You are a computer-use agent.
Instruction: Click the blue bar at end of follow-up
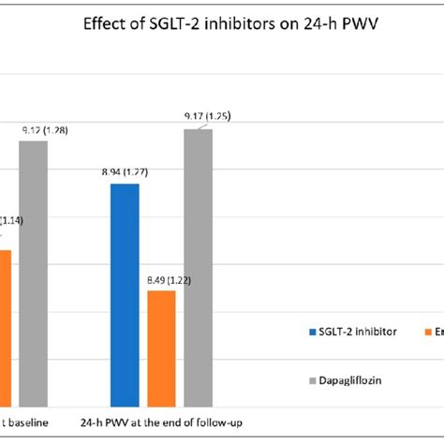[125, 295]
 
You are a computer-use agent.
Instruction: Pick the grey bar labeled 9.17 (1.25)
[198, 267]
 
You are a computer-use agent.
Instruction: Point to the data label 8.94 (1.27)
[125, 173]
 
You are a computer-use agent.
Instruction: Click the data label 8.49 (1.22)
[161, 280]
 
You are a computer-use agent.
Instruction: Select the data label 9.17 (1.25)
[207, 117]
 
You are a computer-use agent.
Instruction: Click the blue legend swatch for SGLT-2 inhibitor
[312, 332]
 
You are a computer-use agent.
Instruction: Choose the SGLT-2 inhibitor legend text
[357, 332]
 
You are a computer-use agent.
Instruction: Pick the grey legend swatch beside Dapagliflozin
[312, 381]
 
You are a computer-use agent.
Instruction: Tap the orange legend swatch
[428, 332]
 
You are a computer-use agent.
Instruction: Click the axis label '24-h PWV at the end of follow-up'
[162, 423]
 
